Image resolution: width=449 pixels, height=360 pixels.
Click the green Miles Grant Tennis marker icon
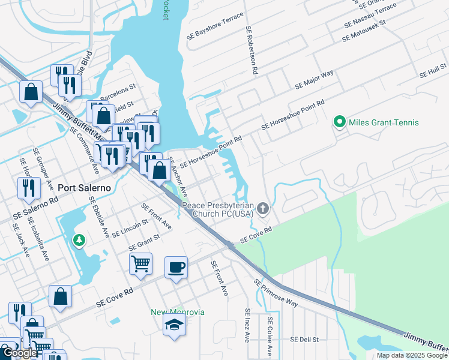(339, 122)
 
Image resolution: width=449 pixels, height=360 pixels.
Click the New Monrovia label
(177, 312)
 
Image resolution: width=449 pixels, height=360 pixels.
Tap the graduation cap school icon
(175, 326)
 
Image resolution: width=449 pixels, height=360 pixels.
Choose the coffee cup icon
(176, 267)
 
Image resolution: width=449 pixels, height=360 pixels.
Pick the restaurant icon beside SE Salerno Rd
(29, 188)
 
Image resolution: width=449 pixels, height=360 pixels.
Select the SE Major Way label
(314, 80)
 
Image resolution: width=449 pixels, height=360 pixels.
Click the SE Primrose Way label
(276, 293)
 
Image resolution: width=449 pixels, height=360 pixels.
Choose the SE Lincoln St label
(130, 228)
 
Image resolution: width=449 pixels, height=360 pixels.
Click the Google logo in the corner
(20, 353)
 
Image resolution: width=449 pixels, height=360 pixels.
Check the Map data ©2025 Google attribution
(412, 355)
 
